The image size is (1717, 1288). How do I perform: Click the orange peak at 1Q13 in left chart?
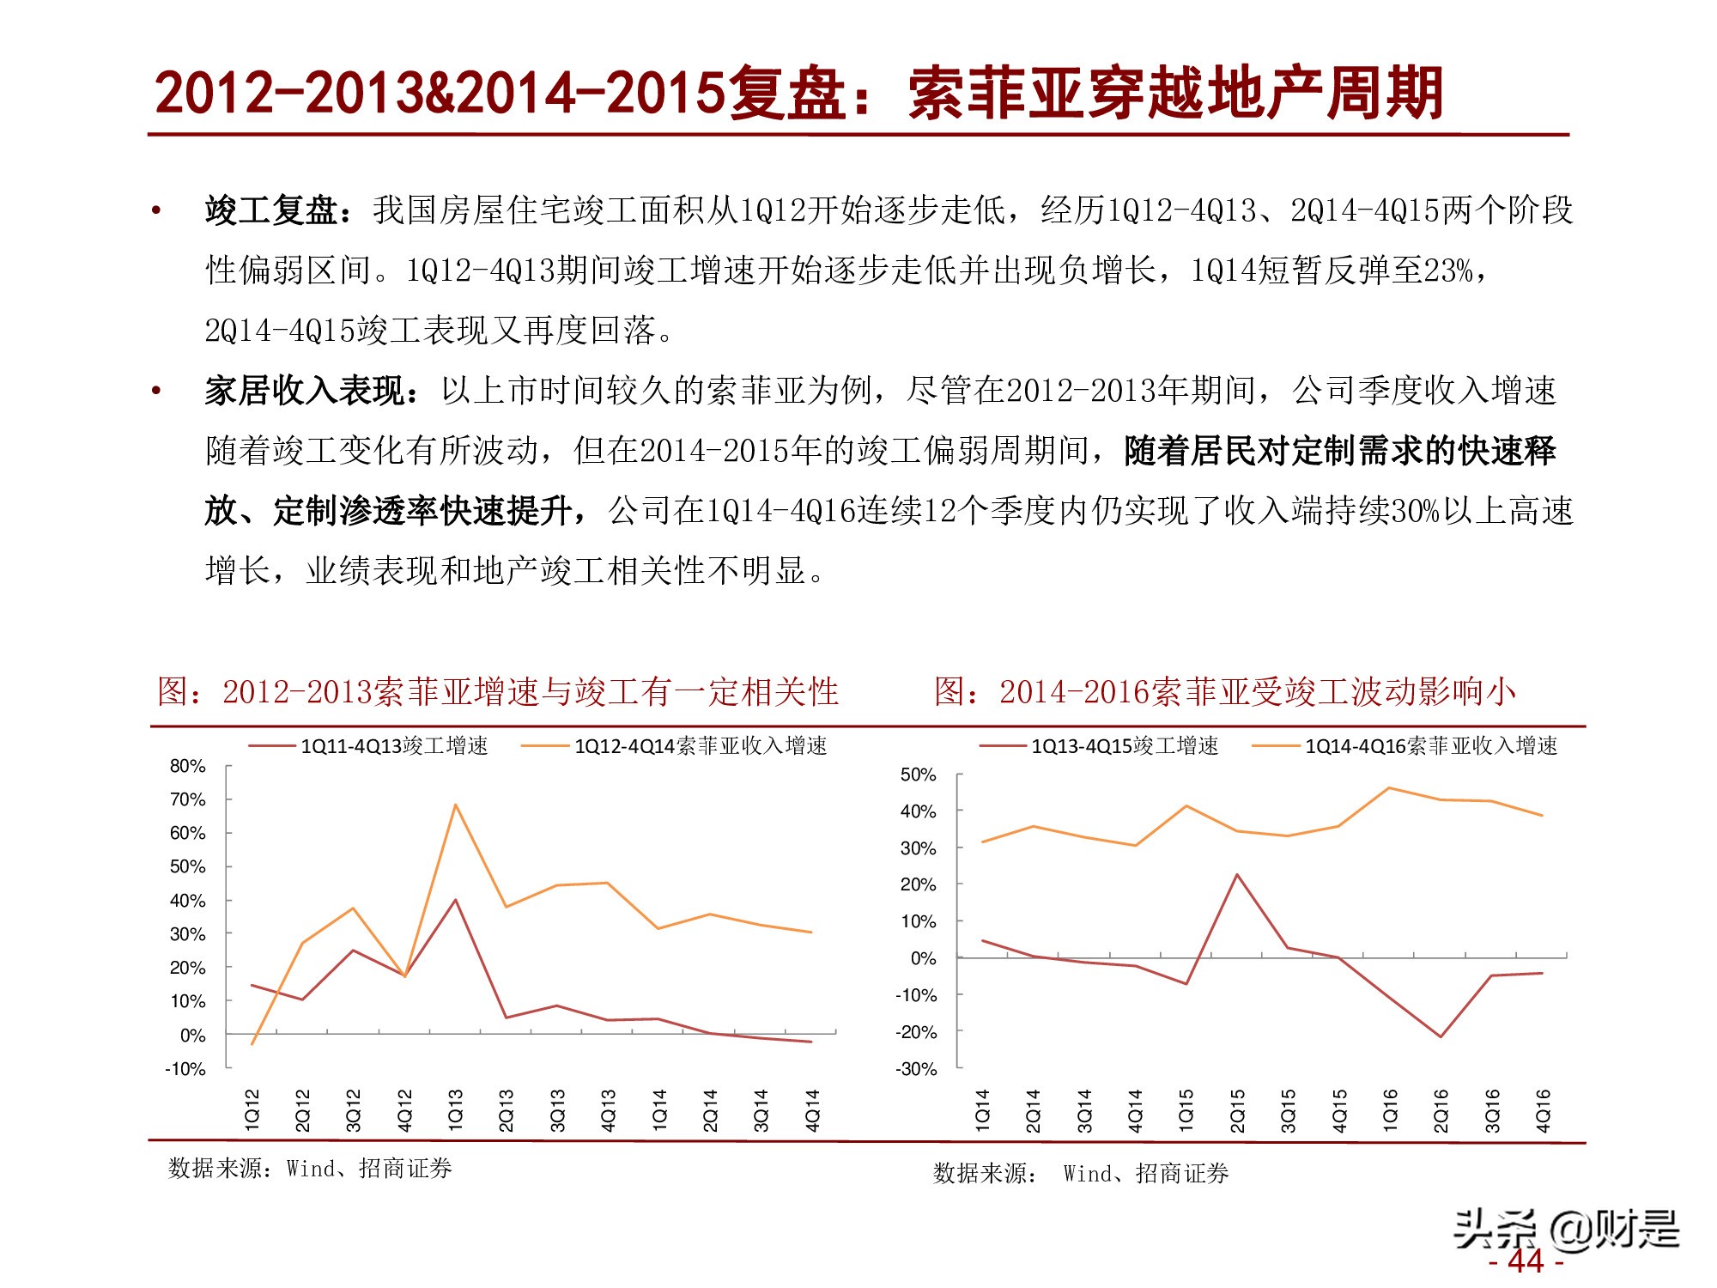[455, 805]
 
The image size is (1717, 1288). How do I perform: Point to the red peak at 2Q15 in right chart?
[1236, 875]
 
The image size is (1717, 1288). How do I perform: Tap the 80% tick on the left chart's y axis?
[188, 766]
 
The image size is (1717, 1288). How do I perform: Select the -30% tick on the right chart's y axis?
[916, 1069]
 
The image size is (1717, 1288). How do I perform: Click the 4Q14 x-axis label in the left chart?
[812, 1109]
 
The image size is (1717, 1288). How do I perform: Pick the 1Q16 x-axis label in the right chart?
[1390, 1109]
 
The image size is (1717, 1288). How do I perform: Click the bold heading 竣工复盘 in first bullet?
[271, 210]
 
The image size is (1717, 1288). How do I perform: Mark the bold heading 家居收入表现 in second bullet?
[305, 391]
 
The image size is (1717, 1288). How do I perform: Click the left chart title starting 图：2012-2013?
[498, 692]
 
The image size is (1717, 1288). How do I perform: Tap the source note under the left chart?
[310, 1169]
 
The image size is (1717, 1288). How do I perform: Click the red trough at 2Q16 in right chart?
[1441, 1036]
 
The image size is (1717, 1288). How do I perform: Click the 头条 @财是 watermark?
[1566, 1229]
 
